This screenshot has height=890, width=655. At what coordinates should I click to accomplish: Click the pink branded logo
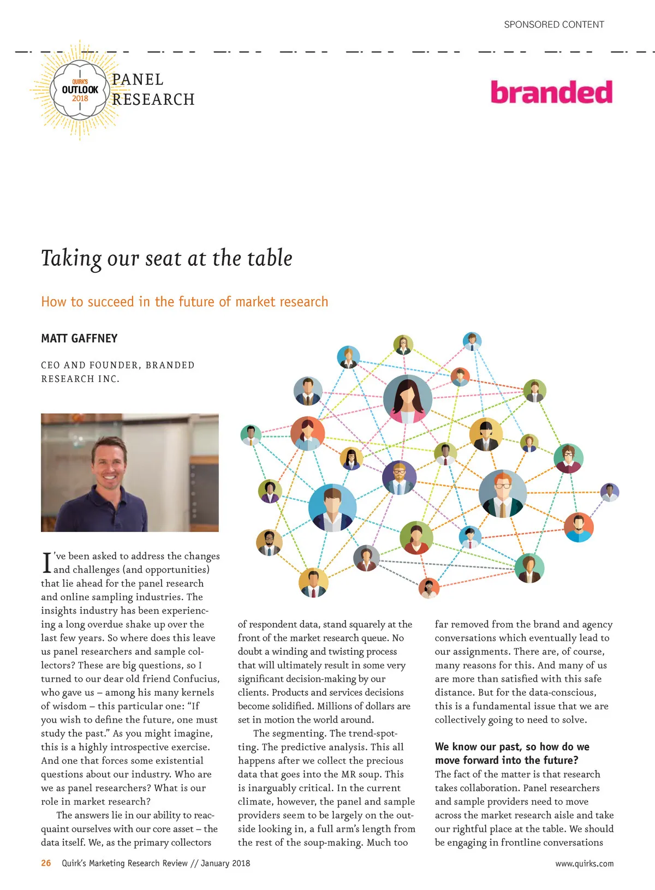tap(551, 93)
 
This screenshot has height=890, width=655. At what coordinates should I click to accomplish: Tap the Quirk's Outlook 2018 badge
tap(80, 90)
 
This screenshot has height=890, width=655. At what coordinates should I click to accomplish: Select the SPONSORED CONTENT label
tap(553, 25)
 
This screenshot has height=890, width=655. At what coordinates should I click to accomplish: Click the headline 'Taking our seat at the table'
tap(166, 258)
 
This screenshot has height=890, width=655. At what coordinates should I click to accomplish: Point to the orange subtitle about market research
tap(184, 302)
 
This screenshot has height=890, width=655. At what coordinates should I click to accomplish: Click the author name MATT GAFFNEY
tap(79, 338)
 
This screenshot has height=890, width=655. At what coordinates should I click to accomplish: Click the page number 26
tap(46, 863)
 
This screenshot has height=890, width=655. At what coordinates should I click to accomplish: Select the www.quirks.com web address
tap(584, 863)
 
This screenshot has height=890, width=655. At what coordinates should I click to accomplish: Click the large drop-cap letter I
tap(46, 563)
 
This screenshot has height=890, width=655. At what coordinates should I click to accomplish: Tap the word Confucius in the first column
tap(196, 679)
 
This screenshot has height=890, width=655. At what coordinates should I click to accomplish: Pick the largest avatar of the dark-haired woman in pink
tap(407, 399)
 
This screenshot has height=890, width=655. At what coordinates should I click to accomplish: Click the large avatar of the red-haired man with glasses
tap(502, 493)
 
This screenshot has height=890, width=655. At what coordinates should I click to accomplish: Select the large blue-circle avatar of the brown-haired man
tap(332, 507)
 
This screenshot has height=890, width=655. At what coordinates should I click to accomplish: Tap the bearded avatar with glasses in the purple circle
tap(399, 477)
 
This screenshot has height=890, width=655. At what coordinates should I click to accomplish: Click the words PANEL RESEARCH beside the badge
tap(153, 89)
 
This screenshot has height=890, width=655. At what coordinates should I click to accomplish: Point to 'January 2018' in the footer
tap(225, 863)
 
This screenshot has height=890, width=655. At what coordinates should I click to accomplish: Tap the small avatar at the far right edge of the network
tap(609, 492)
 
